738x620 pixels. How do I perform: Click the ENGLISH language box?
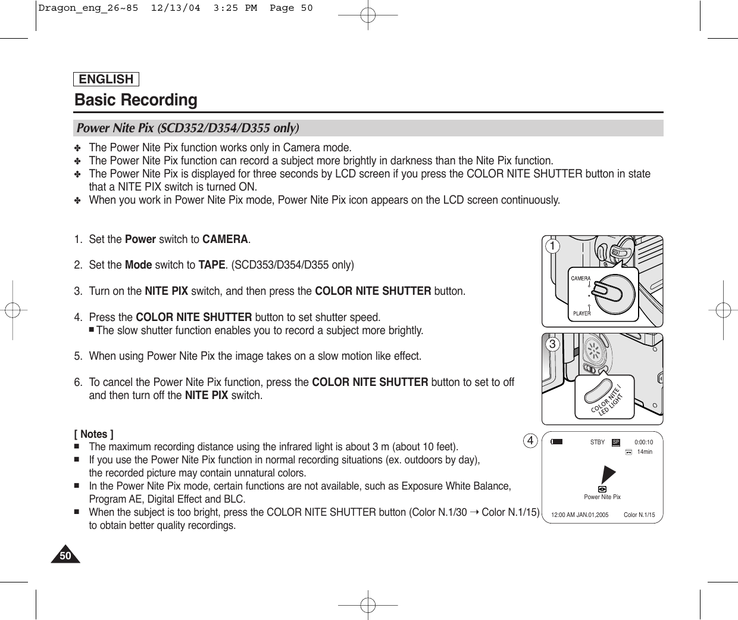107,79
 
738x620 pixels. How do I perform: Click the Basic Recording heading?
136,100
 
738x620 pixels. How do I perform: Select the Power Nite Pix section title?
187,128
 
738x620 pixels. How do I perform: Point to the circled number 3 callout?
553,345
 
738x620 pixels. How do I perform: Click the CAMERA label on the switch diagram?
581,278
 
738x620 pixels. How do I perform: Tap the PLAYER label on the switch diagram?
581,313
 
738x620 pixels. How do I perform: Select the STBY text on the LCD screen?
597,443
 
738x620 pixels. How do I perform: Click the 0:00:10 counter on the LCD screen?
643,443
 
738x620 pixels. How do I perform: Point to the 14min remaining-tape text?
645,452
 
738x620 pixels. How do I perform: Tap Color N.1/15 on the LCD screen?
639,515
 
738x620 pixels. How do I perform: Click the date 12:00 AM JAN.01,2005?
580,515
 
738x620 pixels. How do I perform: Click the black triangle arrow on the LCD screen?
607,473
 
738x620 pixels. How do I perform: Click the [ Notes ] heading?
94,434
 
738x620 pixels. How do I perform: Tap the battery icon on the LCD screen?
556,442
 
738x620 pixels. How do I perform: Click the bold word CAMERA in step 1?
225,239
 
